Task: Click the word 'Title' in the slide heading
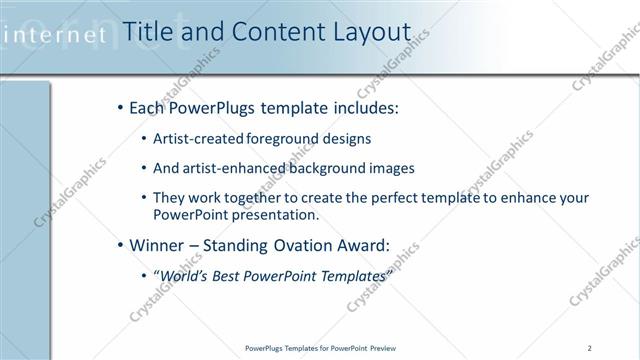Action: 146,33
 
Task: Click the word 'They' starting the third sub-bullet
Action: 168,199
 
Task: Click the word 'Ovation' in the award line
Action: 306,244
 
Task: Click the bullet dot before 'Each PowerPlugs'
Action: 120,106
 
